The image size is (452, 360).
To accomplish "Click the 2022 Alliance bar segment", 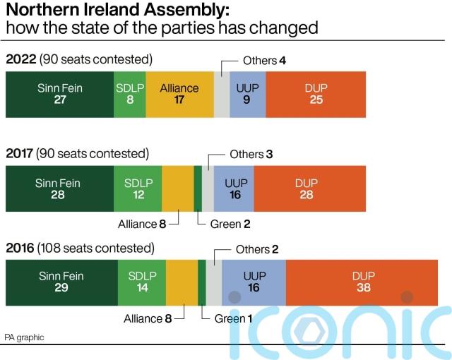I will [179, 94].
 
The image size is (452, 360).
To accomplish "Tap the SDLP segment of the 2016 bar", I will [142, 282].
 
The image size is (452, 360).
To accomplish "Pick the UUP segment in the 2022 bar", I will [246, 94].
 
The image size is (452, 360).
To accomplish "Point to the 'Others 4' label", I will [264, 61].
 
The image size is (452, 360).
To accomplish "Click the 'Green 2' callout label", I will [230, 224].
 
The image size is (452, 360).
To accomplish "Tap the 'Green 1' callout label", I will [233, 318].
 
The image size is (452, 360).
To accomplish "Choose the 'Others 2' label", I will [257, 249].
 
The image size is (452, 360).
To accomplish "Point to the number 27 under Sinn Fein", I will [59, 100].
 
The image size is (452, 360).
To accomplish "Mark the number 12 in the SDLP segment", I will [138, 195].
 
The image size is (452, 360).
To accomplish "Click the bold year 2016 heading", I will [20, 248].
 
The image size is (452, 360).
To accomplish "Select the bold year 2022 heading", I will [20, 59].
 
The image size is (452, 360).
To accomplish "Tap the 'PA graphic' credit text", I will [24, 337].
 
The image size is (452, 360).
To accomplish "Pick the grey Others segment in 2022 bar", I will [221, 94].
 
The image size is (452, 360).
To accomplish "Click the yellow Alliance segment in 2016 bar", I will [182, 282].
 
